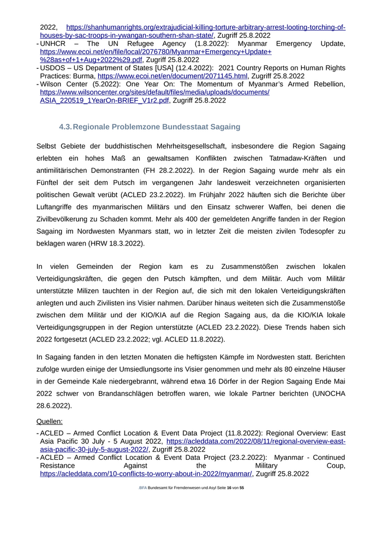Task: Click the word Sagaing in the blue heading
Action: (x=223, y=127)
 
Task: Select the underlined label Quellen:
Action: (x=50, y=421)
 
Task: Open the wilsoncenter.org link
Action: (x=155, y=92)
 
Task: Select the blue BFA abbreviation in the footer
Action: (x=142, y=488)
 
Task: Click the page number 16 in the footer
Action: (x=229, y=488)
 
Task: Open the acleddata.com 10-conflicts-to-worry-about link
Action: (x=146, y=474)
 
